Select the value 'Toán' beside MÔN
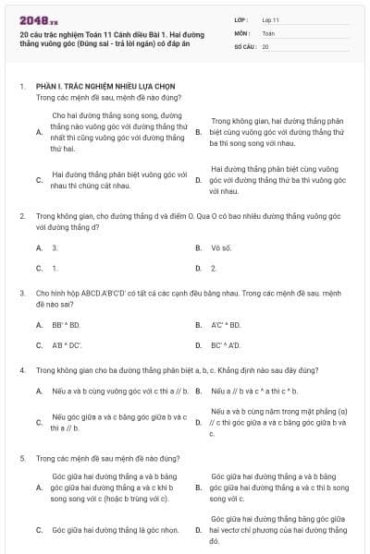pos(269,32)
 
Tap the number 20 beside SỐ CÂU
pos(265,46)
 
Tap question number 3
pos(22,293)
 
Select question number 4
pos(22,369)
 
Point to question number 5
pos(22,457)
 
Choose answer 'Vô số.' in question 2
pos(220,247)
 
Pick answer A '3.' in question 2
pos(55,247)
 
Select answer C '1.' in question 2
pos(55,268)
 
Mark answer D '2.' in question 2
pos(214,268)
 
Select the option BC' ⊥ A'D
pos(226,345)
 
